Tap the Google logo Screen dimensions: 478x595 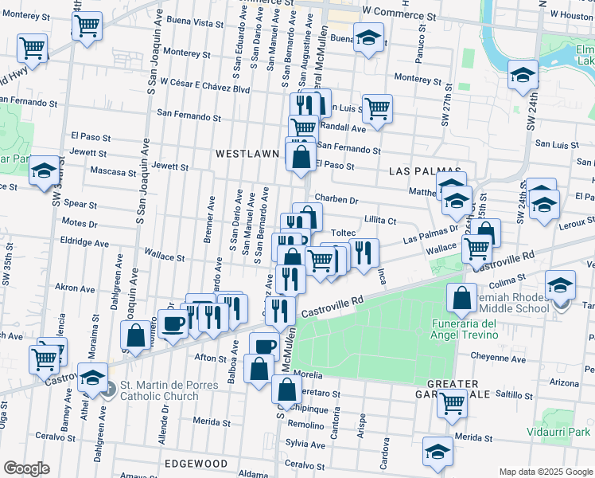[x=26, y=468]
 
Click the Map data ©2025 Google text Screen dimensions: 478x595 [x=546, y=472]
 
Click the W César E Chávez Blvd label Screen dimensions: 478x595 [x=205, y=81]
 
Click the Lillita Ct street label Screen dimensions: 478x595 [x=379, y=220]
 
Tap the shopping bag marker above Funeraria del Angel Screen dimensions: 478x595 [x=462, y=298]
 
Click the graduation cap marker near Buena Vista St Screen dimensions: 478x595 [x=368, y=37]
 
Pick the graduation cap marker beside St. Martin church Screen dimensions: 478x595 [x=93, y=377]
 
